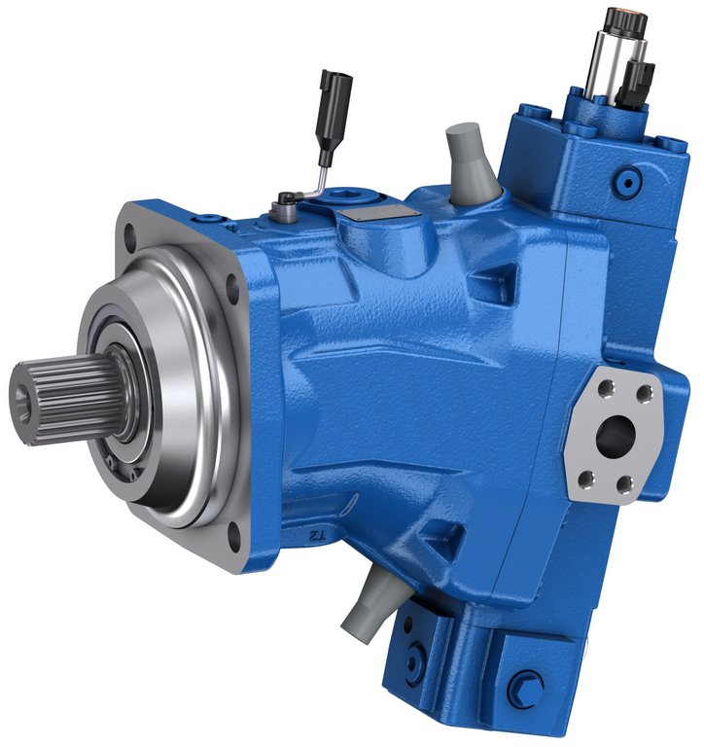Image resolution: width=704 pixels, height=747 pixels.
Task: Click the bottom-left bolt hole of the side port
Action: pos(584,478)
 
